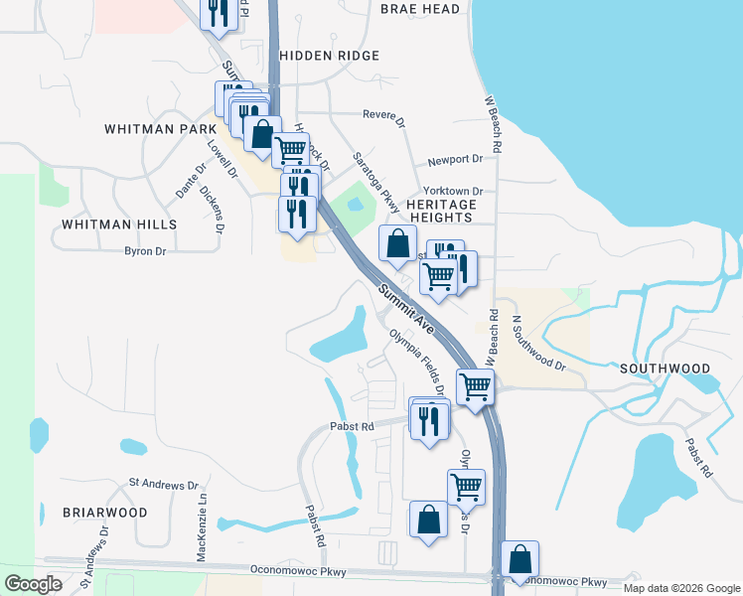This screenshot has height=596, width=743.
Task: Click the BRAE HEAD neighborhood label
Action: click(x=420, y=9)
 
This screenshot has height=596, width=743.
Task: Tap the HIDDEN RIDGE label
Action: click(x=330, y=57)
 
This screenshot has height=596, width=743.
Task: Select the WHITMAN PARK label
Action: click(x=160, y=129)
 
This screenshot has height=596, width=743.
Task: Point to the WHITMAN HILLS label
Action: click(x=119, y=224)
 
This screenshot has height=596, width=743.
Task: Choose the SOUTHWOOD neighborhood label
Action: click(x=666, y=368)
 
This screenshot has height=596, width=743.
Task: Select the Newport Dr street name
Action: click(x=454, y=159)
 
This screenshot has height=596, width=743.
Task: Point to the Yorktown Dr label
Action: click(x=452, y=191)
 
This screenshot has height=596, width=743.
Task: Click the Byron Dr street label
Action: click(x=145, y=251)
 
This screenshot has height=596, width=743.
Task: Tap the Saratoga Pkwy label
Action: click(x=376, y=182)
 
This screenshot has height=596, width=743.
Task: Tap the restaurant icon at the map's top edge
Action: click(x=216, y=13)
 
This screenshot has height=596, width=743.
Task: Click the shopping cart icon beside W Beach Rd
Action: click(x=475, y=385)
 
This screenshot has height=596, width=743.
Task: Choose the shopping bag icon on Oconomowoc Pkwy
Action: click(x=520, y=559)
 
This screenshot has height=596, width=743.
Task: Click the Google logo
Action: click(x=34, y=584)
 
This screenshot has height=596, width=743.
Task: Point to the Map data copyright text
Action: click(x=681, y=588)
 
